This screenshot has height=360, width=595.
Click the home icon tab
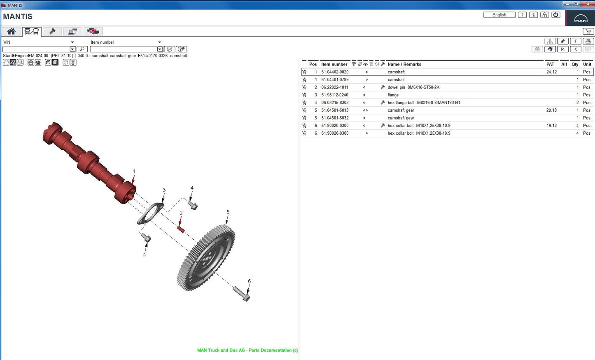11,31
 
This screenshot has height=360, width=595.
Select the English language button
499,15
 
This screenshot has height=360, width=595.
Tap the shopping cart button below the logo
588,31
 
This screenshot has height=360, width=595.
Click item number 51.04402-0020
335,72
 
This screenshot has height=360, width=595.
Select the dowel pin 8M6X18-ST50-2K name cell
413,87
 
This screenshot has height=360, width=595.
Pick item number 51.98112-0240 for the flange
335,95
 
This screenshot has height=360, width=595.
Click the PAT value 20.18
551,110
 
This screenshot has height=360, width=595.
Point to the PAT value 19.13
551,126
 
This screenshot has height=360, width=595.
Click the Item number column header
334,64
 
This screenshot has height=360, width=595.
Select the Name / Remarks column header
404,64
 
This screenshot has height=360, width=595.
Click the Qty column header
575,64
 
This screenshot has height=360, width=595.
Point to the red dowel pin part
180,228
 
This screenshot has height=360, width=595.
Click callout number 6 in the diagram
249,281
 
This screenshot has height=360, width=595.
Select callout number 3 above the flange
164,190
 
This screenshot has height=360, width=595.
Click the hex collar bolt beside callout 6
241,293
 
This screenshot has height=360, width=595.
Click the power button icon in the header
555,15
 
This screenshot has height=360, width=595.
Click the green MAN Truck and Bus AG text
247,350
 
